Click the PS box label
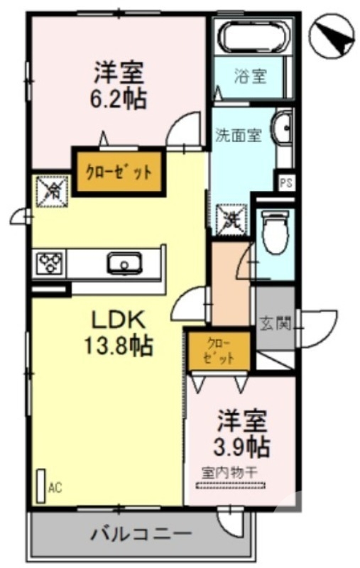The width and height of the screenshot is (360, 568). click(x=286, y=183)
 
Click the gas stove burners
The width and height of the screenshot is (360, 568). click(x=49, y=263)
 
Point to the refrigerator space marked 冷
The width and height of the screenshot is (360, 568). click(x=50, y=190)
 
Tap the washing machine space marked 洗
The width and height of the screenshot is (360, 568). click(x=231, y=217)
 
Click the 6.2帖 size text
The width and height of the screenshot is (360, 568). click(x=119, y=99)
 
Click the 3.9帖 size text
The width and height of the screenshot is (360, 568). click(x=241, y=447)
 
